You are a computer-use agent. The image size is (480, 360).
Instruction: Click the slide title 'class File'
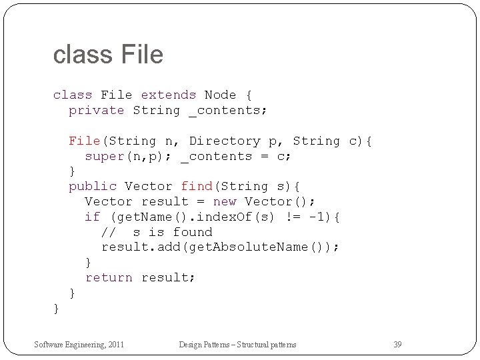pos(108,55)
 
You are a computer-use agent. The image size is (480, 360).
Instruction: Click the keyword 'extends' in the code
pos(168,95)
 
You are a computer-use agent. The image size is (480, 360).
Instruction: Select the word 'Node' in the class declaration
pos(220,95)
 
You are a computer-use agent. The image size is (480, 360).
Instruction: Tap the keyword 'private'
pos(97,111)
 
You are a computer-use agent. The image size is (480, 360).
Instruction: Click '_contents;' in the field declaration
pos(228,111)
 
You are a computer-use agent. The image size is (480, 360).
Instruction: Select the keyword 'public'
pos(93,187)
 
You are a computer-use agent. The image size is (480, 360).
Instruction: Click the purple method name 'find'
pos(197,187)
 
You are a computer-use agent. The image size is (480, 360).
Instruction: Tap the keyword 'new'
pos(225,202)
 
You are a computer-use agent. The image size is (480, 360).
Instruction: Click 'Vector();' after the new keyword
pos(280,202)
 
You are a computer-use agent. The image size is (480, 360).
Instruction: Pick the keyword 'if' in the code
pos(92,217)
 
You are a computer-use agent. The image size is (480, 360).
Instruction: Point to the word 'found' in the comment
pos(193,233)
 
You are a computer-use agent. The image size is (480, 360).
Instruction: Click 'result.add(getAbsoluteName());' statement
pos(220,247)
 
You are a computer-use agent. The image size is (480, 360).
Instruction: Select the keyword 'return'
pos(109,278)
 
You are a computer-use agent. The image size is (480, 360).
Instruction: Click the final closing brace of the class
pos(57,309)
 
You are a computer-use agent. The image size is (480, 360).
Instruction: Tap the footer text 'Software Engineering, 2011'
pos(79,345)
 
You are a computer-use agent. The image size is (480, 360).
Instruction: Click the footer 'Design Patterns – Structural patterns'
pos(237,345)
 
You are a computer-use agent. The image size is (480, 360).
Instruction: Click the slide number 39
pos(397,345)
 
